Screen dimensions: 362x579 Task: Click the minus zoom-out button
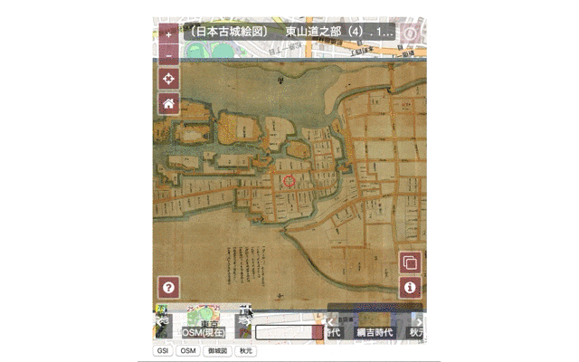(168, 54)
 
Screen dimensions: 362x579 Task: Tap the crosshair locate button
(168, 79)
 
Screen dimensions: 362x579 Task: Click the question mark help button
(168, 288)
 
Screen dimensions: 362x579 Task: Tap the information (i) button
(410, 288)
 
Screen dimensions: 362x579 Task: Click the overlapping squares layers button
(410, 263)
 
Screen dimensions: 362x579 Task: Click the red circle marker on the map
(289, 182)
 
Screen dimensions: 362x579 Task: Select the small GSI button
(164, 351)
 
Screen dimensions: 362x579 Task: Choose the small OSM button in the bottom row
(187, 351)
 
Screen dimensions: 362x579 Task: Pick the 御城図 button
(215, 351)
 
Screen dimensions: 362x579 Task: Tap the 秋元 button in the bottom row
(244, 351)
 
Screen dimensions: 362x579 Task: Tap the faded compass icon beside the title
(410, 33)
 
